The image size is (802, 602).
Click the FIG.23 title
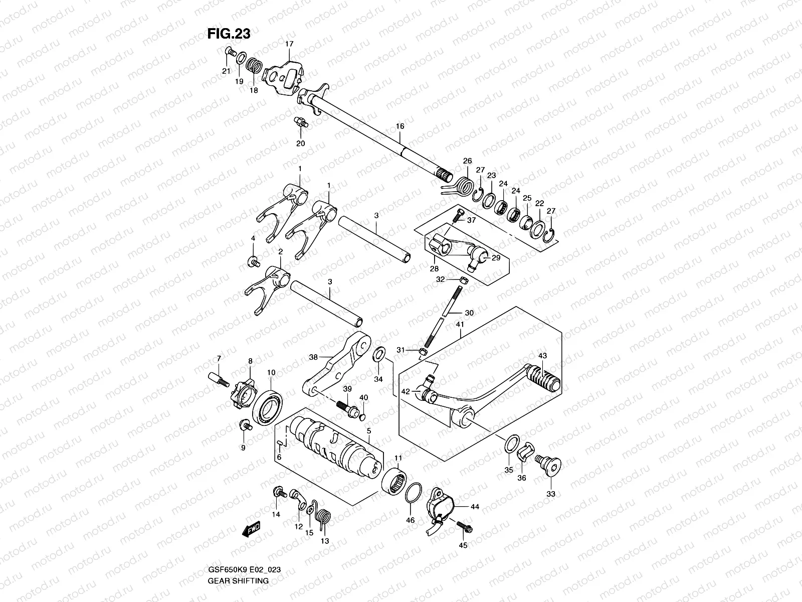[229, 34]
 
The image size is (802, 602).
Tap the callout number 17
[289, 44]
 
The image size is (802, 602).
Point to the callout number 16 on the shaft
[399, 126]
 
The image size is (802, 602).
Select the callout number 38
[313, 358]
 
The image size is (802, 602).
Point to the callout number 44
[475, 507]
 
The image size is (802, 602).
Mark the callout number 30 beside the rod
[469, 313]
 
